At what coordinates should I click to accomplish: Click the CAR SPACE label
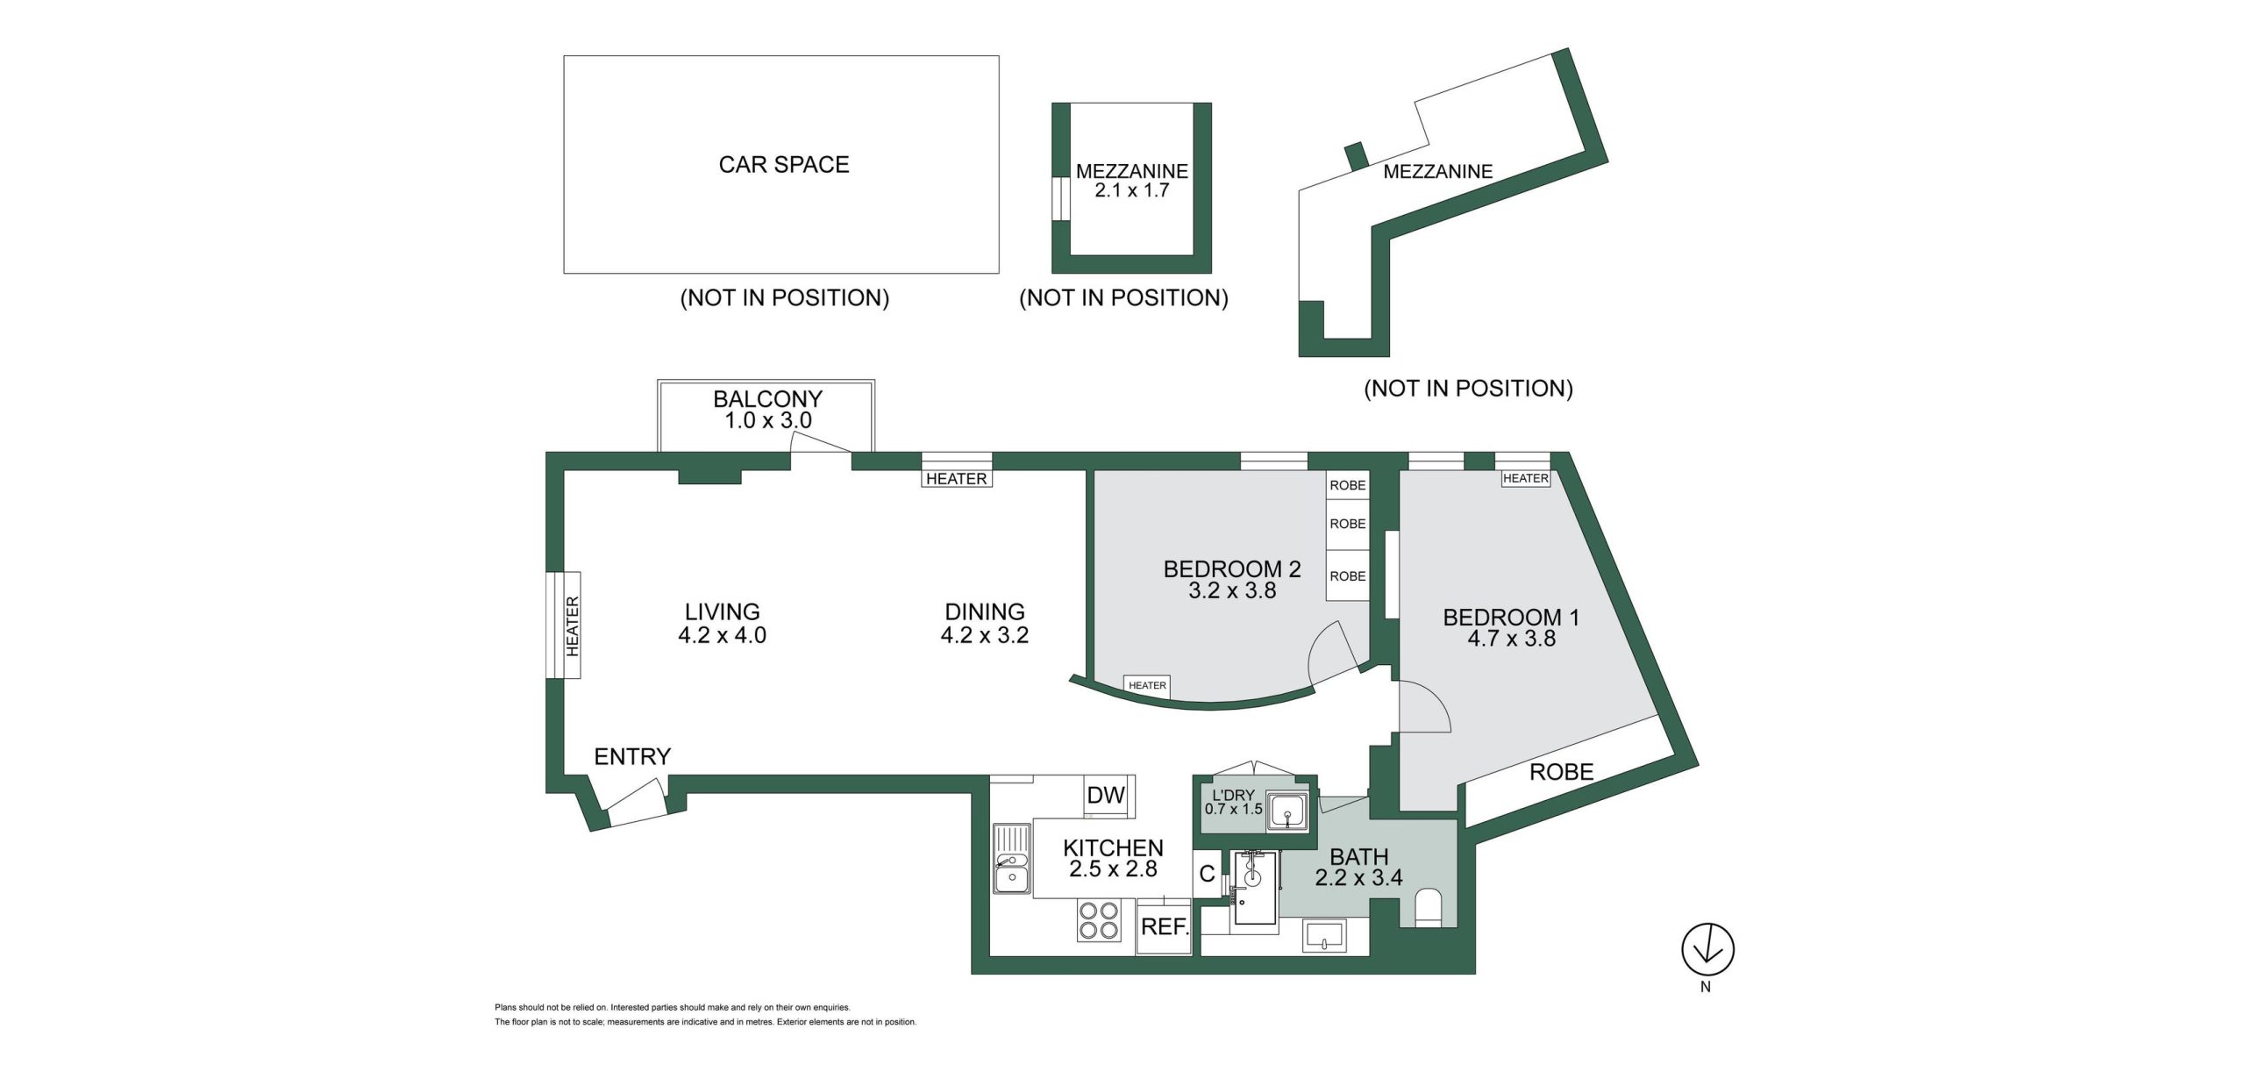784,165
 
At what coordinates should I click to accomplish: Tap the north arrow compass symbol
1707,949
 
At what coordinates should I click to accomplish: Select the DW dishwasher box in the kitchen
1106,796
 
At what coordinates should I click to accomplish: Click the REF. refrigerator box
1165,926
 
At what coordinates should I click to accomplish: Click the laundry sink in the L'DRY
1286,811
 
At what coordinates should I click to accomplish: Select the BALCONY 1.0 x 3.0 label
767,410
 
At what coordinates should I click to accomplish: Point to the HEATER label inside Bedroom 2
1147,686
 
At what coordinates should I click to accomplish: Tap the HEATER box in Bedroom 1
1526,478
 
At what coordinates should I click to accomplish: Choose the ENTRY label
632,756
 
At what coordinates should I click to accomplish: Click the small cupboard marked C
1208,874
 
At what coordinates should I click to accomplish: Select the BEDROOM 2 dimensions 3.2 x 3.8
1232,591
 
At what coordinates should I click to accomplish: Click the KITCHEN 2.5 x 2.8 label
1113,859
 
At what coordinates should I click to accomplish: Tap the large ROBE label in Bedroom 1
1562,772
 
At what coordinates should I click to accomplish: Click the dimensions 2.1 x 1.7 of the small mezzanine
1132,190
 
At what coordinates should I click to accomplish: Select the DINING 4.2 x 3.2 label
985,624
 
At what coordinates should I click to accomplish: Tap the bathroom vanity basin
1324,936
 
